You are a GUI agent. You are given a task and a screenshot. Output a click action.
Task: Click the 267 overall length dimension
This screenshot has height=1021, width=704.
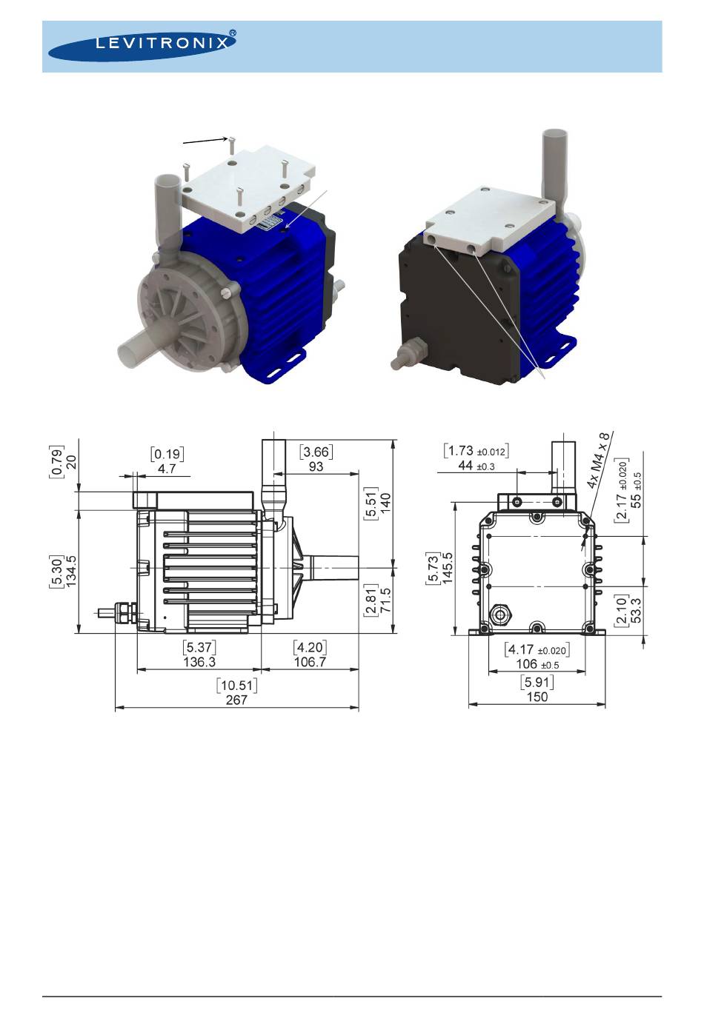(236, 700)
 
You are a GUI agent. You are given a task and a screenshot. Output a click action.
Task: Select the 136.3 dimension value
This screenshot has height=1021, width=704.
(199, 662)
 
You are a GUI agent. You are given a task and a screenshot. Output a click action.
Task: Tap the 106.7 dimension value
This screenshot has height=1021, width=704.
(310, 662)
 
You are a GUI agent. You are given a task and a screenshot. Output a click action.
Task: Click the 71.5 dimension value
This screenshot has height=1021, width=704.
(385, 600)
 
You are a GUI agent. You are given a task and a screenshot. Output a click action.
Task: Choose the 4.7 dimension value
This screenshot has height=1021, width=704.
(167, 469)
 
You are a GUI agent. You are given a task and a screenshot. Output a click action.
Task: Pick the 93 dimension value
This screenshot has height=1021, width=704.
(316, 466)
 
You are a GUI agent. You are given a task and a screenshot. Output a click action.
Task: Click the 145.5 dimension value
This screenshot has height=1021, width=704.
(448, 567)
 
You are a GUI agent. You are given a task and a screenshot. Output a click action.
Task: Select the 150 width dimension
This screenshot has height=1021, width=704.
(537, 697)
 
